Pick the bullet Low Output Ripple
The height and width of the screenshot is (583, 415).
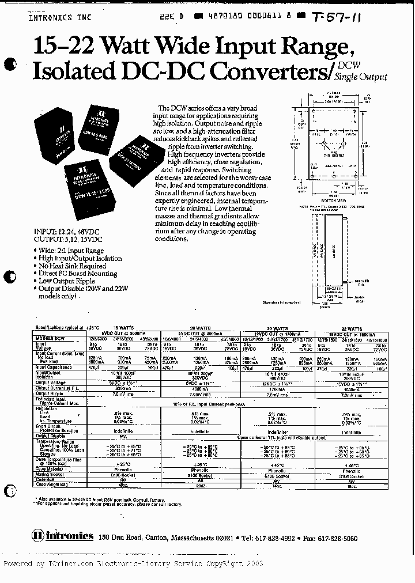66,281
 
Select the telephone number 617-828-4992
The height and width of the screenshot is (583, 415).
277,537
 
